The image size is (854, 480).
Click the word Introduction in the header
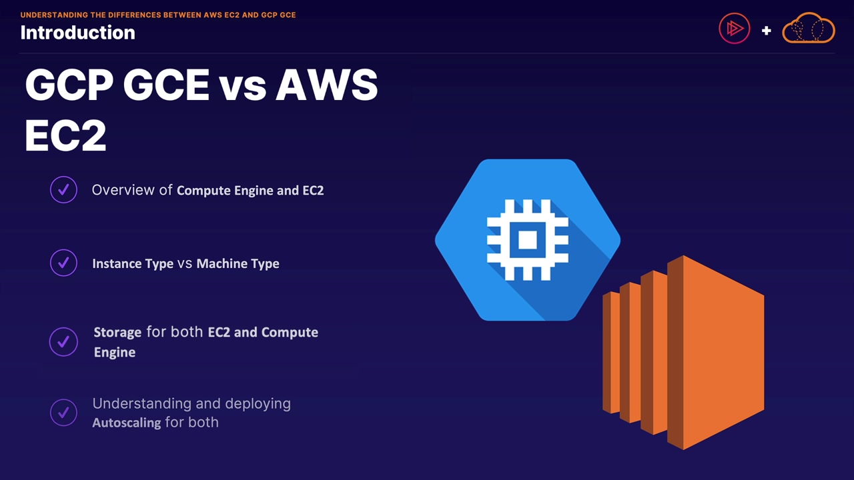[x=77, y=33]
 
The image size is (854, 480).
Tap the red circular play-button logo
[x=734, y=29]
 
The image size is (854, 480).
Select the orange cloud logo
[x=808, y=28]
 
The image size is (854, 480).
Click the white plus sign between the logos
[x=766, y=30]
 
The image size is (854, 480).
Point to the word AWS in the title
[x=327, y=86]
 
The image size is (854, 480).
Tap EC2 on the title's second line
[x=65, y=136]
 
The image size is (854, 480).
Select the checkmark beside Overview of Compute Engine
[x=63, y=190]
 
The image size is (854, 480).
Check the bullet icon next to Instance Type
[x=63, y=263]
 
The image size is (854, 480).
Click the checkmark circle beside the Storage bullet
[x=63, y=341]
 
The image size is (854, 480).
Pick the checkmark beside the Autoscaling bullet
[x=63, y=413]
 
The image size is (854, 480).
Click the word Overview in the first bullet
[x=123, y=190]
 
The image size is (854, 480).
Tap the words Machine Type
[x=238, y=263]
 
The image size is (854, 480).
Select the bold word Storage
[x=117, y=332]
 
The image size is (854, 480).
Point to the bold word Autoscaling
[x=127, y=423]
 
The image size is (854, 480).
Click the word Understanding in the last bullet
[x=140, y=403]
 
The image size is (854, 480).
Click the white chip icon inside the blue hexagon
[x=527, y=239]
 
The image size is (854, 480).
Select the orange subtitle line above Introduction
[x=158, y=15]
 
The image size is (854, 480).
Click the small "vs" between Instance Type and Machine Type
[x=185, y=263]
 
